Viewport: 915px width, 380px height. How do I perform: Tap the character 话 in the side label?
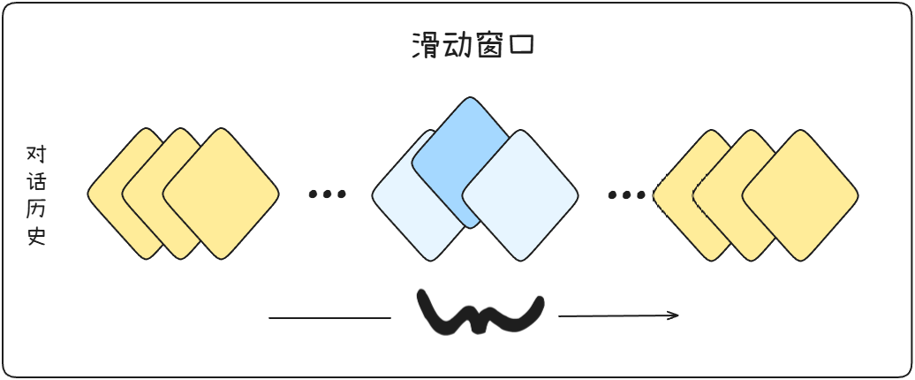36,183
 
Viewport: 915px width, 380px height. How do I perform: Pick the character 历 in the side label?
36,210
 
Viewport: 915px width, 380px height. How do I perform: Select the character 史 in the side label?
36,237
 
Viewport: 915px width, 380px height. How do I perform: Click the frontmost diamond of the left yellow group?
221,194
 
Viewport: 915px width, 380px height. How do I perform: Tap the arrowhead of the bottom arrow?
674,315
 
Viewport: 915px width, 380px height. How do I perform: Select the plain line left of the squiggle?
329,317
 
